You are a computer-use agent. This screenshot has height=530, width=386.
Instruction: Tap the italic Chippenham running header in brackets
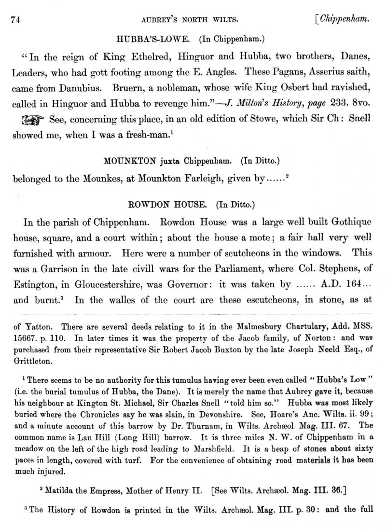pos(343,20)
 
